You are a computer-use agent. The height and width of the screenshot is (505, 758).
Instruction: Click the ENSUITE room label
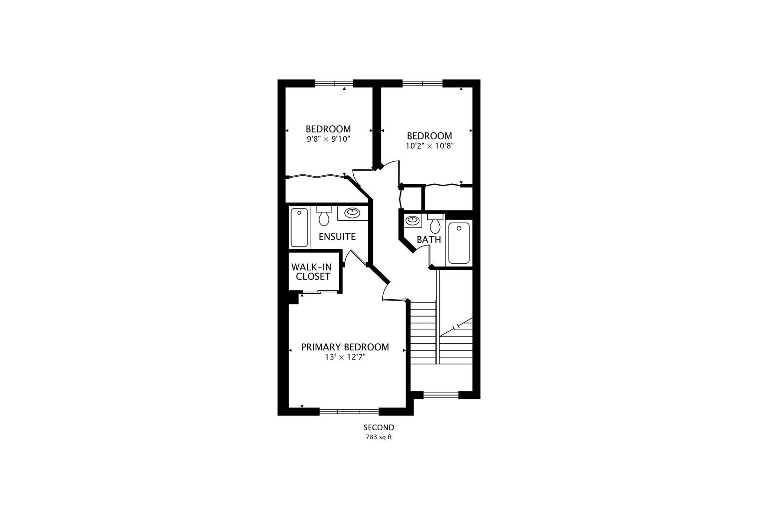click(x=337, y=237)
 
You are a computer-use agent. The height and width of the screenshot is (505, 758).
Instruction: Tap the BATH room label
click(x=429, y=240)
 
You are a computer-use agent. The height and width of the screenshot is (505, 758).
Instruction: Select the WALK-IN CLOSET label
click(x=312, y=272)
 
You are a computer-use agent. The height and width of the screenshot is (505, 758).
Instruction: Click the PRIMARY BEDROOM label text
click(x=345, y=347)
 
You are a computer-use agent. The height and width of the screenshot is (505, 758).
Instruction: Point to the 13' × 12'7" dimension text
click(x=345, y=357)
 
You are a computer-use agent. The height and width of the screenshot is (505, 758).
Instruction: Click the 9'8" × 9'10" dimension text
click(x=328, y=139)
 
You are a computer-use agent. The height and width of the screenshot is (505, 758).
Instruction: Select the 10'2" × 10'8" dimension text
click(x=430, y=146)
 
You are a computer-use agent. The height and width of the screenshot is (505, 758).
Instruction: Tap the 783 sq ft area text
click(x=379, y=437)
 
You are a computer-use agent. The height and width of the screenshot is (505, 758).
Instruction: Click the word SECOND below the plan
click(x=379, y=427)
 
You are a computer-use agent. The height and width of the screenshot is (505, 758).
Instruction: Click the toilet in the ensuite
click(x=324, y=216)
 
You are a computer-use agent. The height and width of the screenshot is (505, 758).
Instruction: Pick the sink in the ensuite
click(x=352, y=213)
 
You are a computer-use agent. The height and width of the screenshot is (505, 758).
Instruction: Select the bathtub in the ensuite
click(x=299, y=228)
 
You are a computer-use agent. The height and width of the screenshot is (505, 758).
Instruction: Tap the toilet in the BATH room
click(x=435, y=224)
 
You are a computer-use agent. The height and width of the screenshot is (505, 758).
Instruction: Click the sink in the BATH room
click(x=413, y=221)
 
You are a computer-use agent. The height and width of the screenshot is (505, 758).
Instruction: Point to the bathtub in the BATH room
click(x=459, y=243)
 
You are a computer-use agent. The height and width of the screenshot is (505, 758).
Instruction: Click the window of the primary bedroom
click(x=349, y=411)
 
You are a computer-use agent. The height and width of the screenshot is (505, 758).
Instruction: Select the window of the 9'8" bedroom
click(x=334, y=83)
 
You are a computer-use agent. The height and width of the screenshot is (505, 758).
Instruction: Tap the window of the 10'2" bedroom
click(x=423, y=83)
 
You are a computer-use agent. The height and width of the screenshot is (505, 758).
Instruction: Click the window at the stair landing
click(x=441, y=395)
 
